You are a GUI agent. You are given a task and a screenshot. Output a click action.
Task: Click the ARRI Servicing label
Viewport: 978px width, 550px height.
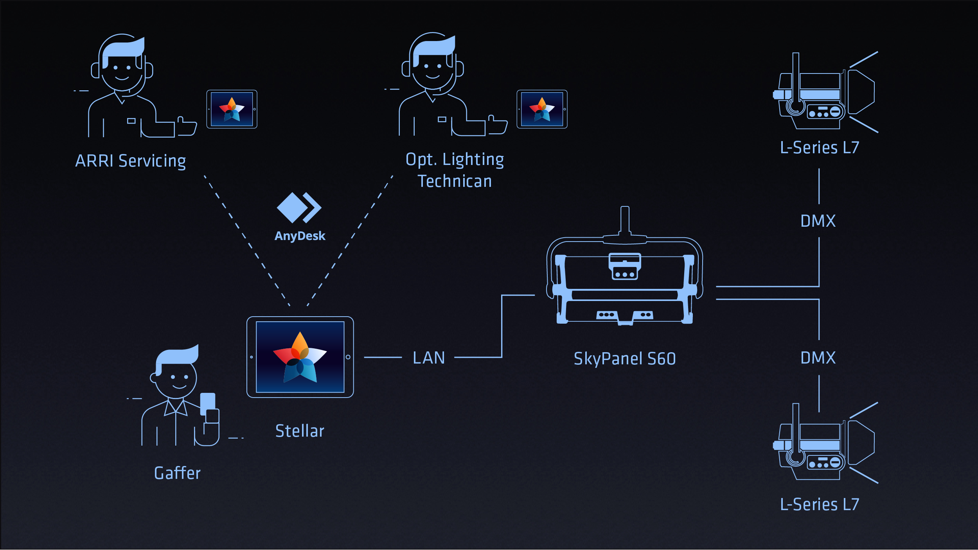130,161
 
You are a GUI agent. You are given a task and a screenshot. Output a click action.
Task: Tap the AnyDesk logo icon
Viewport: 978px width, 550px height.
299,208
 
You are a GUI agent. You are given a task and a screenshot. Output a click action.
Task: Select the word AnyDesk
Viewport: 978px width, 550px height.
300,236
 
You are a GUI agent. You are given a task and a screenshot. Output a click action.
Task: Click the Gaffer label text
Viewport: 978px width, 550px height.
177,473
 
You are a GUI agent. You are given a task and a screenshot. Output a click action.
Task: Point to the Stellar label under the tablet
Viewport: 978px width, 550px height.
300,431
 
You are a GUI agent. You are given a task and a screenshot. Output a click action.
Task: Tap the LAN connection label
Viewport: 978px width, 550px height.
429,358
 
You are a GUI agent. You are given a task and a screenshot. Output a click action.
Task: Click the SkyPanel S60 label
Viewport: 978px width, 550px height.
625,359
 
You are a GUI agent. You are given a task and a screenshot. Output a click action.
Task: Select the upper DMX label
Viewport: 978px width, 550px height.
818,221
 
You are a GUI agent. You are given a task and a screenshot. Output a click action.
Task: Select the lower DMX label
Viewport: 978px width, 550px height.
818,358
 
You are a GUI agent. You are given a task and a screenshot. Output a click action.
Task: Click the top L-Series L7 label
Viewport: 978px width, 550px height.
820,148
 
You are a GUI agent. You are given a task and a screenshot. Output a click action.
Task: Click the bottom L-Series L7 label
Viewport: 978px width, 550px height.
820,505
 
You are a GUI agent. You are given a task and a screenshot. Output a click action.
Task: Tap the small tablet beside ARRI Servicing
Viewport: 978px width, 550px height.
232,109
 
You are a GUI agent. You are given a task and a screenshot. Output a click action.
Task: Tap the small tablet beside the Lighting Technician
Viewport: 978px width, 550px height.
542,109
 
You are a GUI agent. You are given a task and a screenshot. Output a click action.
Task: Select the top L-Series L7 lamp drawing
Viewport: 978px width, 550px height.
823,94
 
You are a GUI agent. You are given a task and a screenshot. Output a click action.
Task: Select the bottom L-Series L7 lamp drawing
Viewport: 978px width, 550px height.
823,444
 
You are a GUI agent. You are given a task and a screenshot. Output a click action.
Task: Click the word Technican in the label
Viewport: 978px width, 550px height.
455,181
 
